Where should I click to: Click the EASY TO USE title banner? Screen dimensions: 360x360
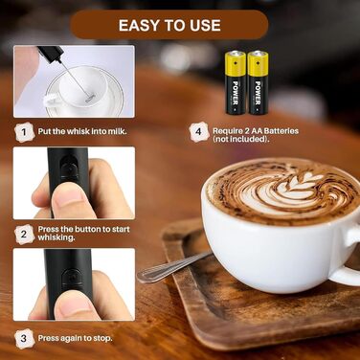[169, 25]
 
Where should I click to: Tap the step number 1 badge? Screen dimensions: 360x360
[25, 132]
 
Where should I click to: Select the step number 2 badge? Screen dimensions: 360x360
[24, 235]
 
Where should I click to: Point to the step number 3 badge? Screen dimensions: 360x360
[24, 338]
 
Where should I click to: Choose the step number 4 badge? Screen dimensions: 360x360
[199, 132]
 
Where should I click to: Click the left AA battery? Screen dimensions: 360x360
[236, 82]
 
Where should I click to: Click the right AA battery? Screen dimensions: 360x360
[258, 82]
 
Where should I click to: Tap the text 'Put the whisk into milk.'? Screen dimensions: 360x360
[82, 131]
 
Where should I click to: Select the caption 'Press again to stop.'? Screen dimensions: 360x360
[75, 338]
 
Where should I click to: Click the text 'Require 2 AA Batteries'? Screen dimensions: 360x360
[256, 131]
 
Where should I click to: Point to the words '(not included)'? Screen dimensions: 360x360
[240, 139]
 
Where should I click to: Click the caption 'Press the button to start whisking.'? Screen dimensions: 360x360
[83, 234]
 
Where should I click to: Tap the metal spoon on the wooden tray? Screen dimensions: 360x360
[174, 266]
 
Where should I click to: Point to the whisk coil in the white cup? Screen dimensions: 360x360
[90, 98]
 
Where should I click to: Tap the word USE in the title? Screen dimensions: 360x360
[205, 25]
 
